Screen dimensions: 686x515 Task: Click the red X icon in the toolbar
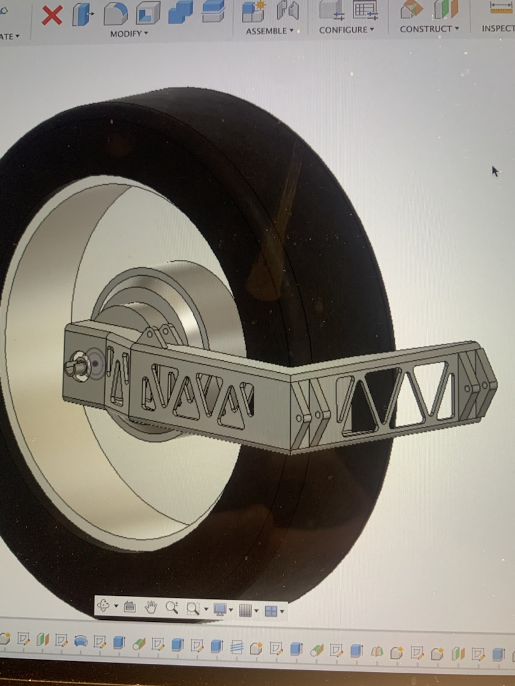click(52, 14)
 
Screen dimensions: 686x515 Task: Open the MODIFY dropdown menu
click(128, 34)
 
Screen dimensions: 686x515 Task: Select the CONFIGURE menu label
click(345, 30)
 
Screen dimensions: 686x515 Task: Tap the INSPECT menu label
click(498, 29)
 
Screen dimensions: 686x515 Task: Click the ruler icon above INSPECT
click(501, 7)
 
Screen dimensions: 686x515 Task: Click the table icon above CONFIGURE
click(365, 9)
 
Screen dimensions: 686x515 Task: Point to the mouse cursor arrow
click(495, 170)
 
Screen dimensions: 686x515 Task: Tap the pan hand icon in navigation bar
click(151, 607)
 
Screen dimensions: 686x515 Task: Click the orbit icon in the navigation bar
click(103, 606)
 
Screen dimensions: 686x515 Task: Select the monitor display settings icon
click(220, 609)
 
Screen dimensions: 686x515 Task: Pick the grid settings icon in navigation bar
click(245, 610)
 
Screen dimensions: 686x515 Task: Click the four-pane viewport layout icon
click(271, 610)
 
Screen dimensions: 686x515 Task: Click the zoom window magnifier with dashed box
click(193, 609)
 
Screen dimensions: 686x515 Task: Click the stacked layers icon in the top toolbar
click(213, 11)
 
